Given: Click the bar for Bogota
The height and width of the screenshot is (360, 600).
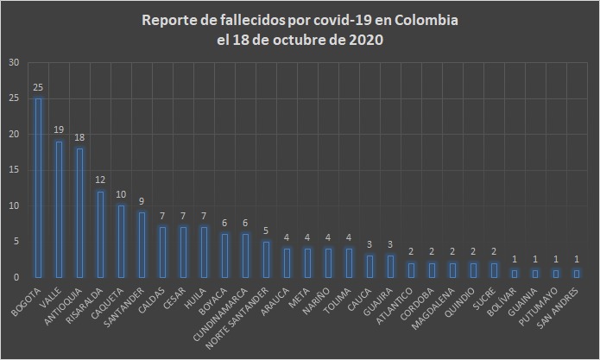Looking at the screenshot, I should tap(38, 187).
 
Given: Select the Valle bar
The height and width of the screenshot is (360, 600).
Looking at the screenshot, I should tap(59, 209).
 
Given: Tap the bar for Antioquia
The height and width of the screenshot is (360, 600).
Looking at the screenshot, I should tap(79, 212).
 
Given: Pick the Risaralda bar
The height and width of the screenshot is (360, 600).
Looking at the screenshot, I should tap(100, 234).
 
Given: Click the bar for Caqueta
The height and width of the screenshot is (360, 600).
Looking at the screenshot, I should tap(121, 241).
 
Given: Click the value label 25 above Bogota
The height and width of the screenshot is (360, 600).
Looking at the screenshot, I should tap(38, 88).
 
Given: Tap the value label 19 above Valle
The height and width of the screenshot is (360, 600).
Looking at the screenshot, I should tap(59, 130).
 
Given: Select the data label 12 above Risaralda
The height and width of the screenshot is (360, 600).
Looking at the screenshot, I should tap(100, 180).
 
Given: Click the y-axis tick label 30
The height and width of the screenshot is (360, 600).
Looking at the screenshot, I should tap(13, 63).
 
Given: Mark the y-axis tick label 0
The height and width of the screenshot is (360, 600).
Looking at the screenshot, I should tap(16, 277).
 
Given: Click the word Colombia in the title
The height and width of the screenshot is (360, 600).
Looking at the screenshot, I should tap(416, 20).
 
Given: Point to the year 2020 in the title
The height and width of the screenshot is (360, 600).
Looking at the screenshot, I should tap(366, 40).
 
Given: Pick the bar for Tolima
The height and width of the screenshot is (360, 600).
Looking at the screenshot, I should tap(349, 262).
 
